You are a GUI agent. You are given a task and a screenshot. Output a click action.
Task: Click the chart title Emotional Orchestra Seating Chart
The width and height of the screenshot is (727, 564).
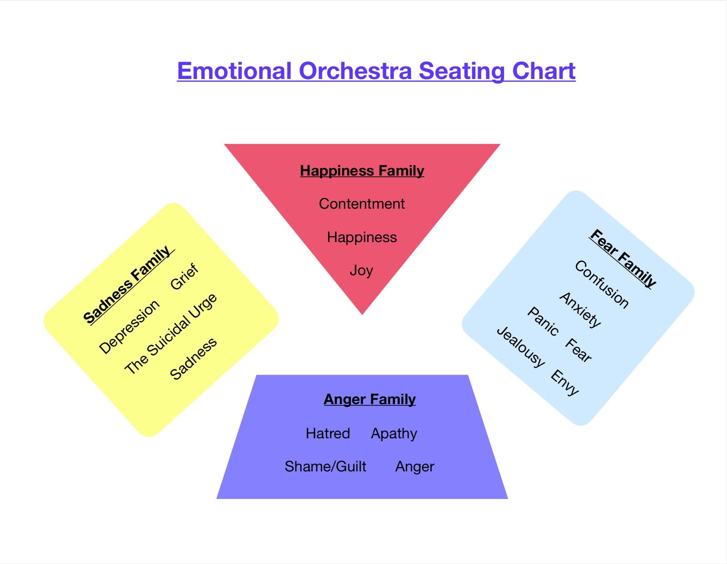(376, 71)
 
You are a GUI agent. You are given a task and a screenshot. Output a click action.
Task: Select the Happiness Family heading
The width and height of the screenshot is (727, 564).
(362, 171)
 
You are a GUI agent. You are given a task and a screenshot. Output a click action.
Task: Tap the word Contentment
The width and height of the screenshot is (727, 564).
(362, 204)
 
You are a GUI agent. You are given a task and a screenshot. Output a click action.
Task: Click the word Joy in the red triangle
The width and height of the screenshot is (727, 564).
(361, 270)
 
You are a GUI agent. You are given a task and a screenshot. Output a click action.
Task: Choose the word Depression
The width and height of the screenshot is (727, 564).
(129, 326)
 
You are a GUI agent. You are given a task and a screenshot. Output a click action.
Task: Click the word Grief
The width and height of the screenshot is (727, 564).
(184, 276)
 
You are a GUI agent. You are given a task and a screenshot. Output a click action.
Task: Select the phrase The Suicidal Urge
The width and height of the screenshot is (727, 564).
(171, 334)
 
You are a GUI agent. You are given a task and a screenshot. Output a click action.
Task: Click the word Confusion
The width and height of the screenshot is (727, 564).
(602, 284)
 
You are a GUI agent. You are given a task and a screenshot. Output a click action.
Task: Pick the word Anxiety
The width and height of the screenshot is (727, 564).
(580, 309)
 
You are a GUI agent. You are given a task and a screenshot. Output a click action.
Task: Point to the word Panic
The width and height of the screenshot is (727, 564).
(543, 321)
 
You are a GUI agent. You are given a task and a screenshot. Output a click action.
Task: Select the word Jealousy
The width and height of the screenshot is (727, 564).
(521, 346)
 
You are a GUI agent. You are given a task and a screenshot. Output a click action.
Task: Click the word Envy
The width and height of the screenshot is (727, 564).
(565, 382)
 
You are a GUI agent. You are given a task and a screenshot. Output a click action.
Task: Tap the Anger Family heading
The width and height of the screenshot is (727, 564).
(370, 399)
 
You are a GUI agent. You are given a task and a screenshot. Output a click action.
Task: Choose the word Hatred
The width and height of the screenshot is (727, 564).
(328, 433)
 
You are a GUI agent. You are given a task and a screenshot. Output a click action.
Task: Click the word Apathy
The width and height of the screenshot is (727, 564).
(394, 434)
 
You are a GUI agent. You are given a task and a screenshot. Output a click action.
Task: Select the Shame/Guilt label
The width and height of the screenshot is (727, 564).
(325, 466)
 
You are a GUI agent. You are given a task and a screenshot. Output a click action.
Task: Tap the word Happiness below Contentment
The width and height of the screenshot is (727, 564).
(362, 237)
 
